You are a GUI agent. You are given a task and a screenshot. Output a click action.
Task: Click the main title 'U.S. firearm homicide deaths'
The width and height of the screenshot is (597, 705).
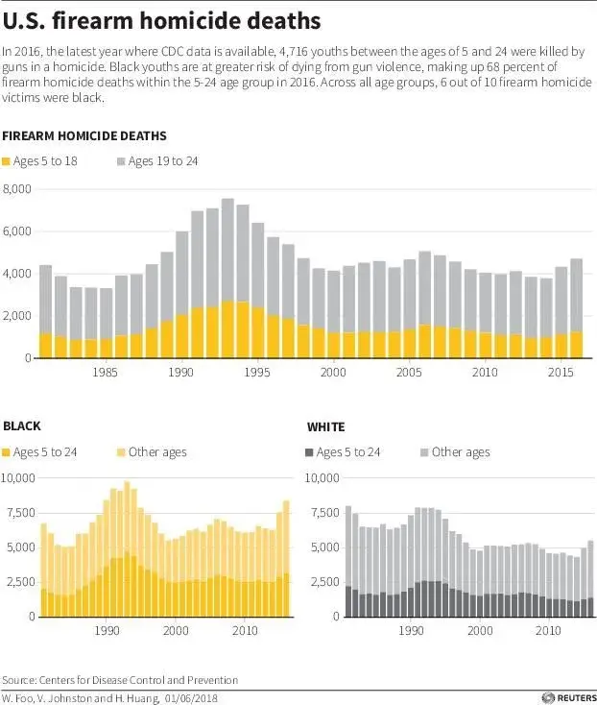(x=161, y=19)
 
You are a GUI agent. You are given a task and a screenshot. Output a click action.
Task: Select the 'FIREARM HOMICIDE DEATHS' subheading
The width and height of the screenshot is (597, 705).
(x=84, y=135)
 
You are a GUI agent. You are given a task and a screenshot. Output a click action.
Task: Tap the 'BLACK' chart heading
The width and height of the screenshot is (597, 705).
(x=22, y=425)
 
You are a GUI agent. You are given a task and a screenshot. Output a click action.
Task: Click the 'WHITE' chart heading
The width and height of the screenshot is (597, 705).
(x=325, y=425)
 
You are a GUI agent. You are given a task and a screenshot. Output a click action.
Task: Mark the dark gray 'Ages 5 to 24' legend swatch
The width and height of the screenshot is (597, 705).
(x=309, y=451)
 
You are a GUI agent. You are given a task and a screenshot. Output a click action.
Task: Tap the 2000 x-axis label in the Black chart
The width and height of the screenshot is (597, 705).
(x=176, y=630)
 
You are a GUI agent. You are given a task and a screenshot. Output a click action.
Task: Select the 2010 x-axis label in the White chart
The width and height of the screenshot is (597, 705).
(x=547, y=630)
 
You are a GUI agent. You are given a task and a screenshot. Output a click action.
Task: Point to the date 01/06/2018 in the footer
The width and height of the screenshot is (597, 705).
(x=195, y=696)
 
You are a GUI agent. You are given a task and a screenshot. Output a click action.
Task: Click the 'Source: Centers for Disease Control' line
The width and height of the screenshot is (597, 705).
(x=120, y=679)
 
